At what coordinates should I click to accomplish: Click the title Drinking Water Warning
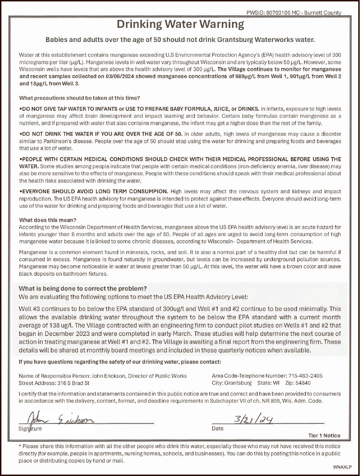[x=180, y=24]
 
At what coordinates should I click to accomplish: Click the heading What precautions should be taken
[x=79, y=98]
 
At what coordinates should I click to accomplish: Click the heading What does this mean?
[x=48, y=220]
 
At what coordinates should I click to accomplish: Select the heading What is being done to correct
[x=83, y=288]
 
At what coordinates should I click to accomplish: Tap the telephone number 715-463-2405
[x=305, y=376]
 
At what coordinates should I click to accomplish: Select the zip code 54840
[x=303, y=383]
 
